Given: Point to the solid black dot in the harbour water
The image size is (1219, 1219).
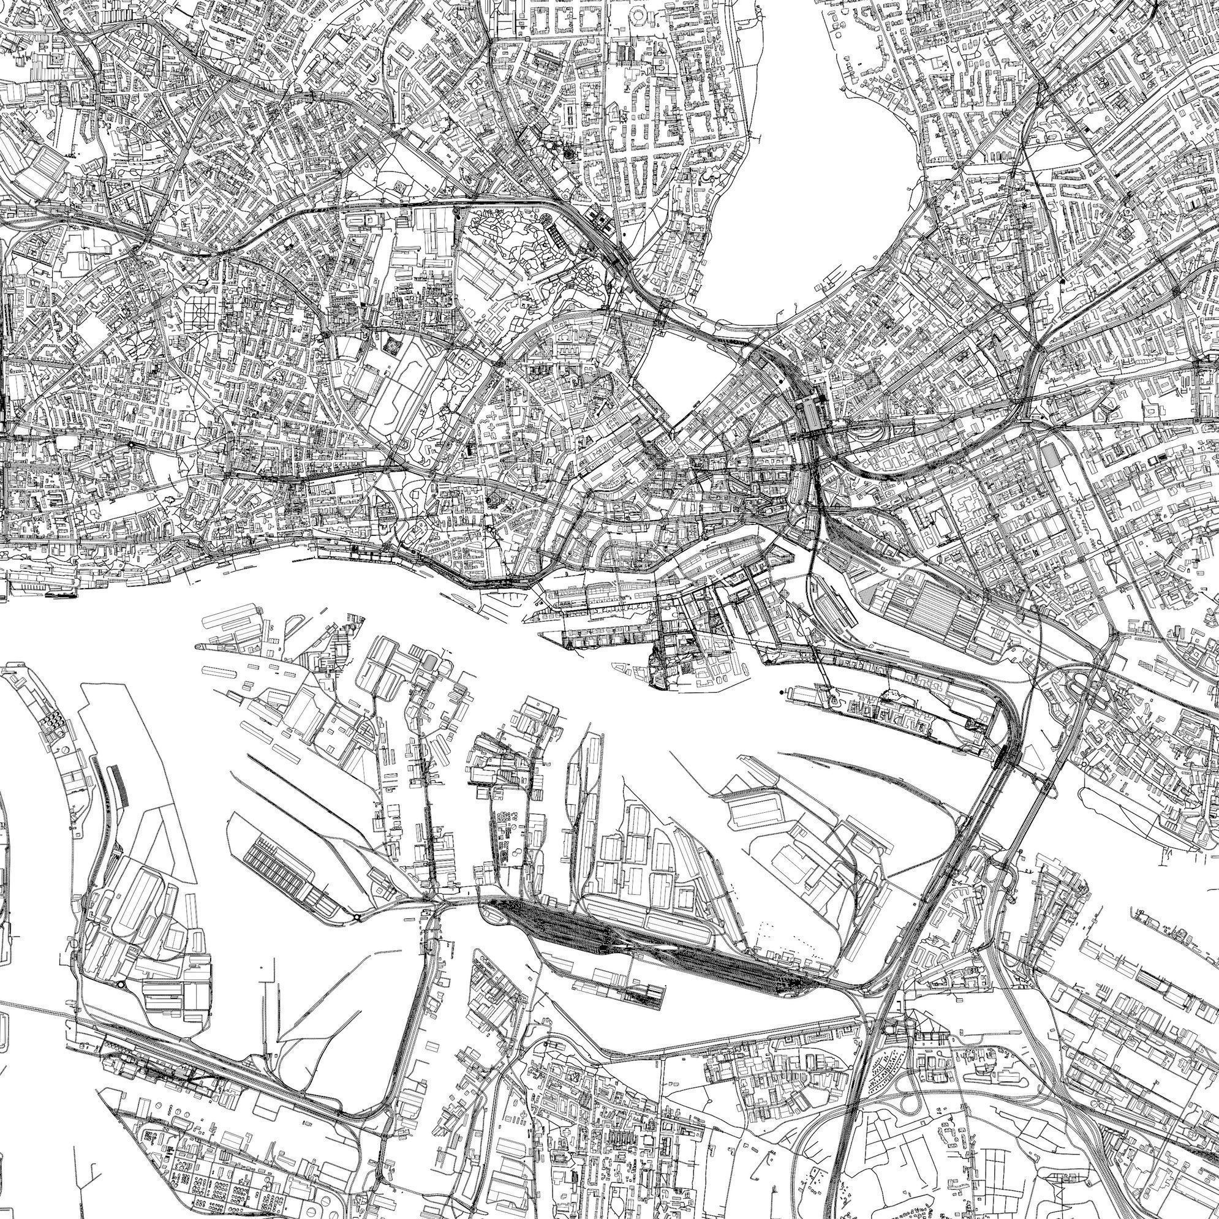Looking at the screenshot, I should tap(783, 693).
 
